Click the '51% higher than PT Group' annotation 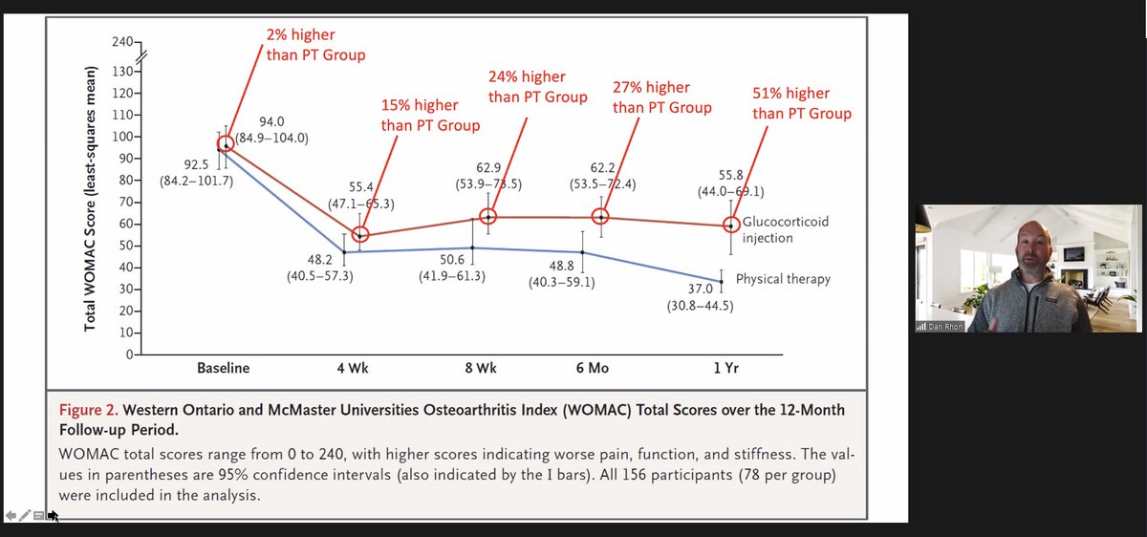pos(801,103)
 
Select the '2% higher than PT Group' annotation pos(315,45)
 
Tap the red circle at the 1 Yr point pos(731,225)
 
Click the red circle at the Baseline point pos(226,144)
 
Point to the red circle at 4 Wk pos(360,235)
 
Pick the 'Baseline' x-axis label pos(223,368)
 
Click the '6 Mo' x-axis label pos(600,368)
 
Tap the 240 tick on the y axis pos(121,43)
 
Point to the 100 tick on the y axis pos(121,137)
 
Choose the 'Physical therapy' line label pos(783,280)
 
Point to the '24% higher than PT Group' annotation pos(538,87)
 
